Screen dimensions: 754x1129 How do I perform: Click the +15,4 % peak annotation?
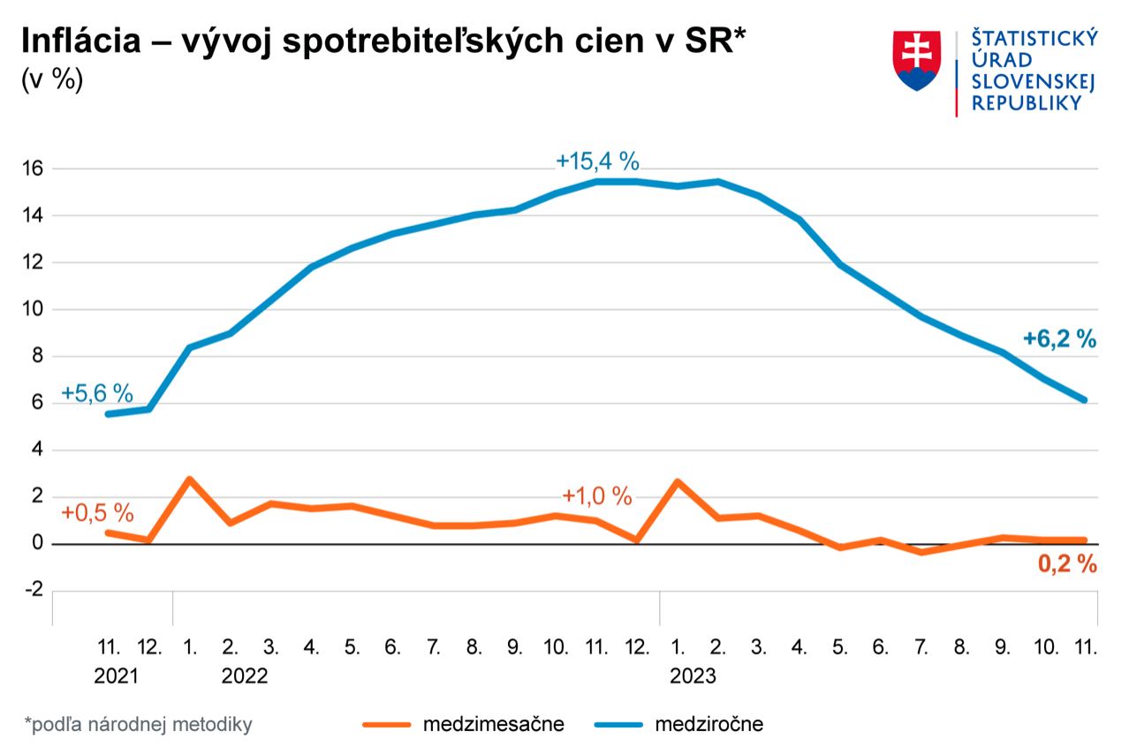tap(597, 162)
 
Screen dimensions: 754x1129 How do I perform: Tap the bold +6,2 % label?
tap(1059, 339)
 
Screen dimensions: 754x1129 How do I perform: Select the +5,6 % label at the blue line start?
tap(97, 395)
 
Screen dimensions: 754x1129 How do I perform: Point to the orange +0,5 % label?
tap(97, 512)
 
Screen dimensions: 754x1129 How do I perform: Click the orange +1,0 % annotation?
tap(597, 496)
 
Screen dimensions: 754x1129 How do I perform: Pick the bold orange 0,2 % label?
tap(1066, 565)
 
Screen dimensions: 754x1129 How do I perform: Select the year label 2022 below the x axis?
tap(244, 677)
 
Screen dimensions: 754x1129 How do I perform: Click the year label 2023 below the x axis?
tap(693, 677)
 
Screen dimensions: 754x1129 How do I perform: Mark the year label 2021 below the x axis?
tap(117, 677)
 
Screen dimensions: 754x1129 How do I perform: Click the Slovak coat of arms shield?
tap(916, 61)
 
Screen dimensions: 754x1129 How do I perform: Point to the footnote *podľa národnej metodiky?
tap(139, 725)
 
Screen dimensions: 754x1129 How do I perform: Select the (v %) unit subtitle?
tap(51, 80)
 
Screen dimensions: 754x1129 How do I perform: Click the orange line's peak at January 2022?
tap(189, 479)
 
